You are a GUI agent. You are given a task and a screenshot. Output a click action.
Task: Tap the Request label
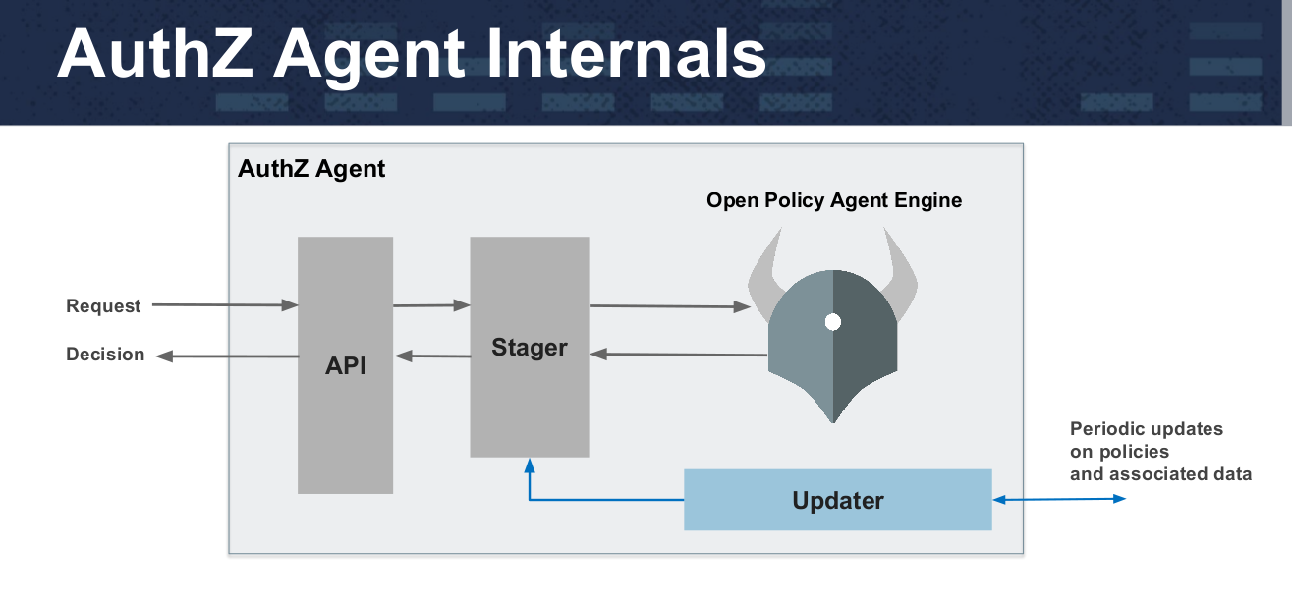(x=103, y=305)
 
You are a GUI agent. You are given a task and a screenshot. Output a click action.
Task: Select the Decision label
(x=105, y=355)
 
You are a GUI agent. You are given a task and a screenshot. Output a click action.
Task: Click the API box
(x=345, y=365)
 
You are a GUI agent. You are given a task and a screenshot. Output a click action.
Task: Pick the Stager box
(x=530, y=347)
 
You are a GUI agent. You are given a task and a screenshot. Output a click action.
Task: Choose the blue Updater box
(x=837, y=499)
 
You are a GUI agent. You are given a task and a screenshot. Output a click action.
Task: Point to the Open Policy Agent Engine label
(x=834, y=200)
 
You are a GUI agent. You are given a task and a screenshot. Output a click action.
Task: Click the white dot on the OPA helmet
(x=833, y=322)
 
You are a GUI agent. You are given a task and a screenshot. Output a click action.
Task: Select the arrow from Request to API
(x=225, y=305)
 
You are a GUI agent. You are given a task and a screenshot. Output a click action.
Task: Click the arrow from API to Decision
(x=227, y=356)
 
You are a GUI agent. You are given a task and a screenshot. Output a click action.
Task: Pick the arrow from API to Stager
(x=431, y=305)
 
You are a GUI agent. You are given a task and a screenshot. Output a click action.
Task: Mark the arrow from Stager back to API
(x=432, y=356)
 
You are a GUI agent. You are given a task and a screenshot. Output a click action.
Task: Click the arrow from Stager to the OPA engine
(x=670, y=306)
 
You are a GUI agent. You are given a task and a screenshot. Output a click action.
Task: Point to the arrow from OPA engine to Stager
(x=678, y=355)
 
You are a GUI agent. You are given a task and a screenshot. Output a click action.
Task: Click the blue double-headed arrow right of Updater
(x=1059, y=499)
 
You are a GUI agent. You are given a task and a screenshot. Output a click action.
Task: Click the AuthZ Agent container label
(x=311, y=169)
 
